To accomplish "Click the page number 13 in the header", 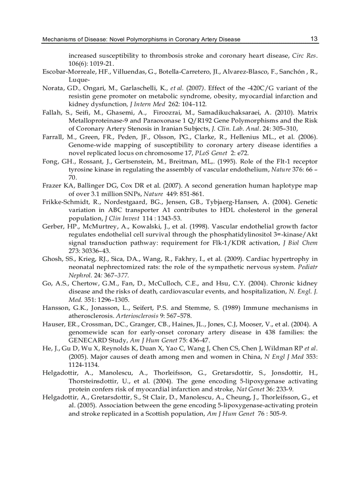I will (x=314, y=39).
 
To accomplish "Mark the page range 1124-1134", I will (x=84, y=365).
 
